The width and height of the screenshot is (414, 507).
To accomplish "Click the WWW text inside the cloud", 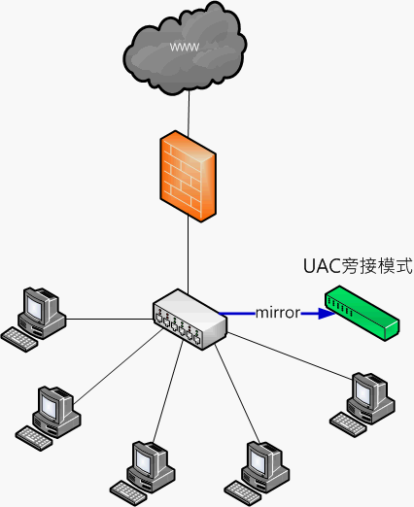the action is (x=185, y=48).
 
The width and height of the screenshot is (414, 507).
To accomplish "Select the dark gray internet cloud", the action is (x=185, y=49).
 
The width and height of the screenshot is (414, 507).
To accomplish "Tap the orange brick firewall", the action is (x=188, y=176).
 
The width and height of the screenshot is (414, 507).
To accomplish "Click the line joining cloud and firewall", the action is (x=189, y=114).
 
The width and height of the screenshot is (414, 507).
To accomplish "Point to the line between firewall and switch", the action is (x=188, y=253).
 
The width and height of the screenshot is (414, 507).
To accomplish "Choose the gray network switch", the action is (x=190, y=320).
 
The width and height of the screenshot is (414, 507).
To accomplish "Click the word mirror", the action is (x=278, y=313).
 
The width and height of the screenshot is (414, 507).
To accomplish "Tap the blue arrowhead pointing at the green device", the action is (x=327, y=314).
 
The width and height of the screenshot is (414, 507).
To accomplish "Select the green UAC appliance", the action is (x=362, y=313).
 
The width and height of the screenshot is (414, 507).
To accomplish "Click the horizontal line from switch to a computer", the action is (x=109, y=320).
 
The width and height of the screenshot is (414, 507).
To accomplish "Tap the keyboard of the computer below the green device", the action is (x=348, y=424).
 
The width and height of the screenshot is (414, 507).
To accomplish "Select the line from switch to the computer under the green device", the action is (x=290, y=355).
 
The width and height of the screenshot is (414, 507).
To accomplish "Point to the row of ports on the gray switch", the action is (x=178, y=325).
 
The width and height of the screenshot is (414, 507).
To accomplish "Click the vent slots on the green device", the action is (x=340, y=307).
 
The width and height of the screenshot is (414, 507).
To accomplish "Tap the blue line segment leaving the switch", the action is (x=237, y=314).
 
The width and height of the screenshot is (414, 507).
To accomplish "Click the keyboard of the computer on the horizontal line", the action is (x=19, y=339).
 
